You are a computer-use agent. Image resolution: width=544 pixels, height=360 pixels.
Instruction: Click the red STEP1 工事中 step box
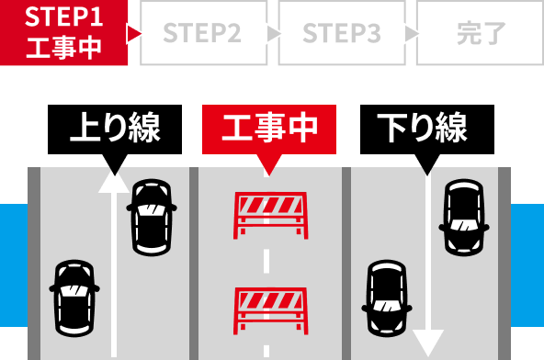pos(63,33)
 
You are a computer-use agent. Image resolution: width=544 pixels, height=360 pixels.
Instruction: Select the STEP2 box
pos(203,33)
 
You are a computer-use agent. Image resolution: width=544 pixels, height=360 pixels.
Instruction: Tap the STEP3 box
pos(341,33)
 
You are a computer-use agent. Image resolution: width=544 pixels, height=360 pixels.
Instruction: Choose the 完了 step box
pos(480,33)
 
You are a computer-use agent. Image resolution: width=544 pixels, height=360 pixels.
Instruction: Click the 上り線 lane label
pos(115,129)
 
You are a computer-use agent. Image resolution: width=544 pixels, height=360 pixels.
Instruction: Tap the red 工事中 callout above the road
pos(269,129)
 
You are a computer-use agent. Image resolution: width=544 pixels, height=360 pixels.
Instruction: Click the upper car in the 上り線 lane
pos(152,217)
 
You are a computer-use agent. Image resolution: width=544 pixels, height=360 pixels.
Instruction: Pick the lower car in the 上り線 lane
pos(74,298)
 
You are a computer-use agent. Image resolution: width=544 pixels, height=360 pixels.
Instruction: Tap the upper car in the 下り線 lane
pos(465,217)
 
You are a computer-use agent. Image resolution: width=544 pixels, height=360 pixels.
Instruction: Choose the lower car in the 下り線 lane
pos(387,298)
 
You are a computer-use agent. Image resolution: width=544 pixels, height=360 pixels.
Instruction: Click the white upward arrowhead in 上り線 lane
pos(114,181)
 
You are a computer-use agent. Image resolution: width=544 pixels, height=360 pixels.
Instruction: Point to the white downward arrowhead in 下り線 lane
pos(428,343)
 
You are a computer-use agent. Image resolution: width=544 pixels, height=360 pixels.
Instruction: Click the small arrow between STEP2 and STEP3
pos(273,34)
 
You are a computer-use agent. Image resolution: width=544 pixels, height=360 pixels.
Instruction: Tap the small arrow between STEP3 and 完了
pos(411,34)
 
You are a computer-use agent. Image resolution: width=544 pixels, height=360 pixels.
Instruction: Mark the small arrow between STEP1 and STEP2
pos(135,34)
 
